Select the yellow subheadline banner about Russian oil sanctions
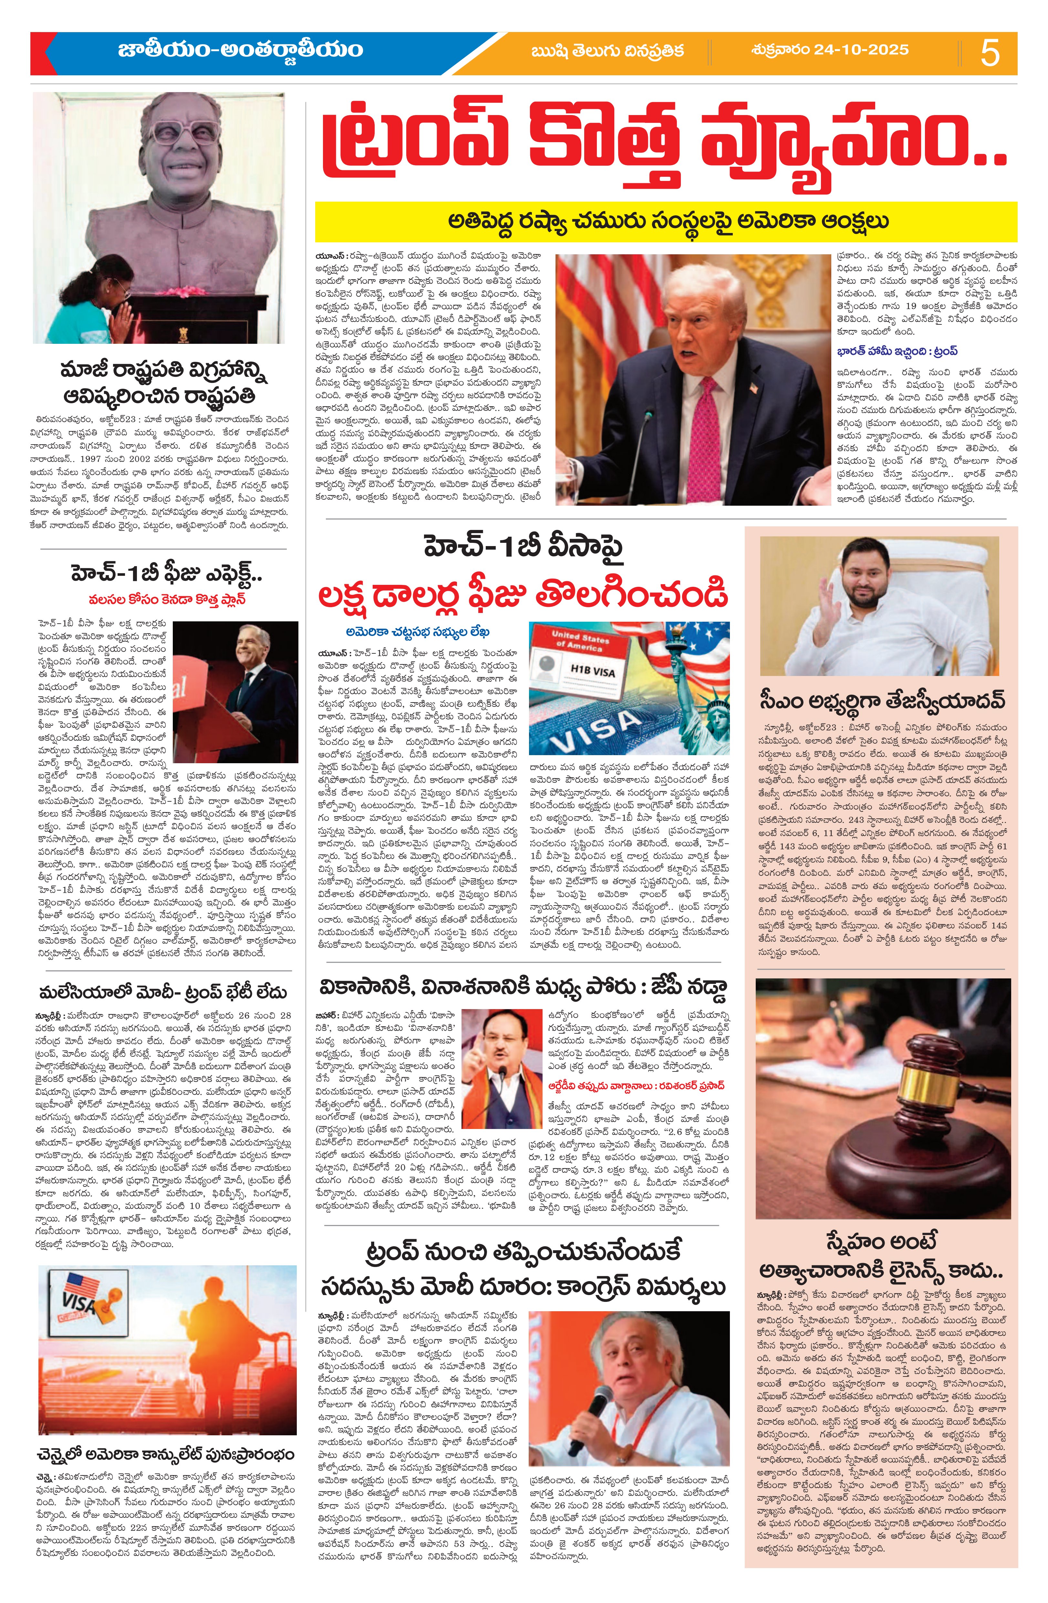666,221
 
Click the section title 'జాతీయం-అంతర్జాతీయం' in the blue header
240,50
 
